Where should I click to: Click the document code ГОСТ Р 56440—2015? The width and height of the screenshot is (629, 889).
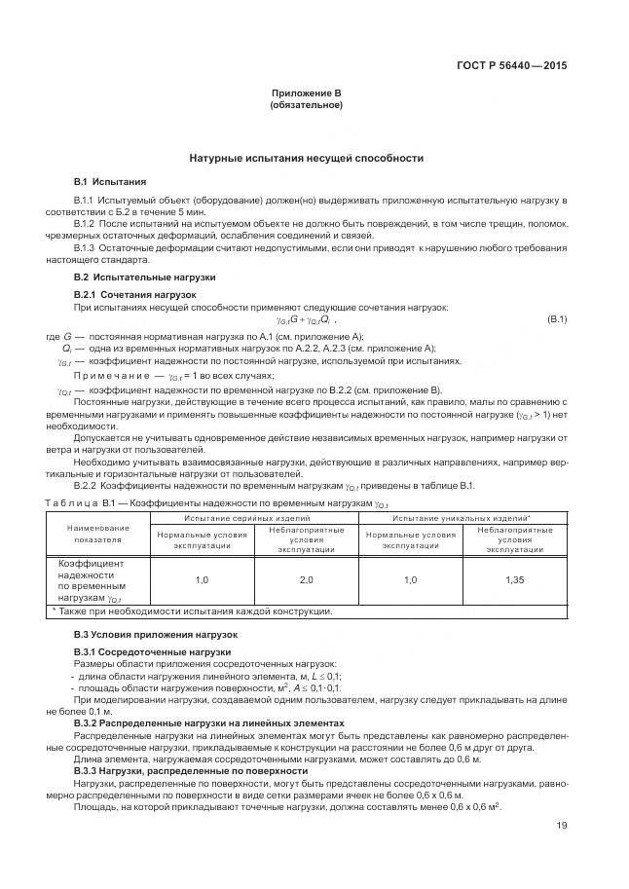pos(511,65)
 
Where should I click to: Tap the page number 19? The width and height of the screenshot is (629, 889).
pos(561,826)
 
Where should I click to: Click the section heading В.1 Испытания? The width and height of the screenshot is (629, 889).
pos(110,181)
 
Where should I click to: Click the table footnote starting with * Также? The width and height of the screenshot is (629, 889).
pos(192,611)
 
